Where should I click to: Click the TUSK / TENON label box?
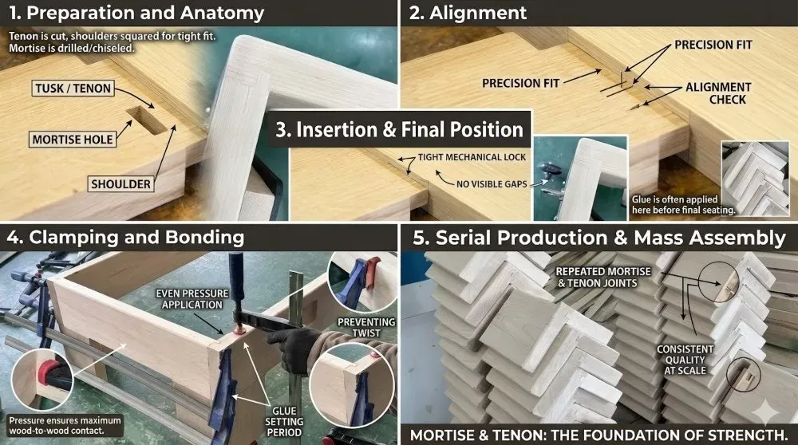[x=73, y=88]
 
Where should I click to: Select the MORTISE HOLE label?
[x=73, y=140]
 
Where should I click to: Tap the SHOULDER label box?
[x=120, y=183]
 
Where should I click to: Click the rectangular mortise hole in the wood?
[x=147, y=120]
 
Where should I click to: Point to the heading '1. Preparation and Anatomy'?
[x=137, y=13]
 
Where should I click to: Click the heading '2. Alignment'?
[x=468, y=13]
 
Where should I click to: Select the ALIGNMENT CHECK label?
[x=719, y=93]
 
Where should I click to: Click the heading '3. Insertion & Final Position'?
[x=400, y=130]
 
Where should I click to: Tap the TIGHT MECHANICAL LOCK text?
[x=472, y=157]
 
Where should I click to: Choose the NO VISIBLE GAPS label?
[x=492, y=183]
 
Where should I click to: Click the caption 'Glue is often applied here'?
[x=684, y=204]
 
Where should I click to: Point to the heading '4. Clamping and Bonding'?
[x=126, y=237]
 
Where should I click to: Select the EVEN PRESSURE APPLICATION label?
[x=192, y=299]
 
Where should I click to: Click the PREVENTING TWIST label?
[x=366, y=328]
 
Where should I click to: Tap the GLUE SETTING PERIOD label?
[x=284, y=422]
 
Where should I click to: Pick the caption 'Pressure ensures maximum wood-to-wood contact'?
[x=65, y=426]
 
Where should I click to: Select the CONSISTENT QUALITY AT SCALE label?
[x=685, y=360]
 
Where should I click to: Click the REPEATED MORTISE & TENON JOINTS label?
[x=603, y=278]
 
